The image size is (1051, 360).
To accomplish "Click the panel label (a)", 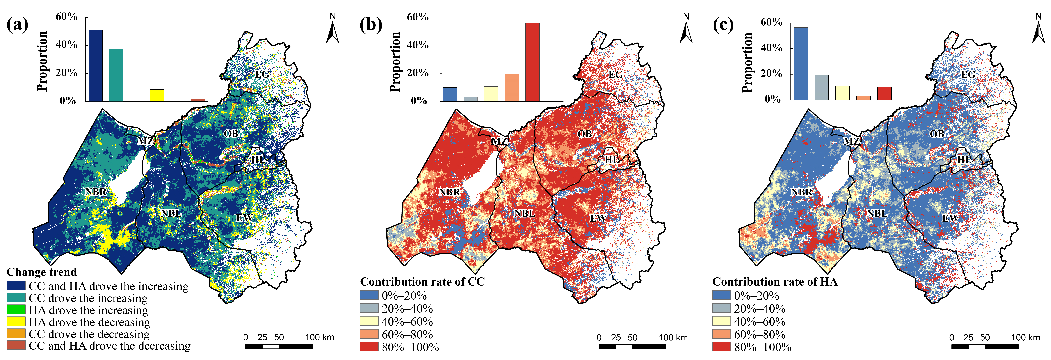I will [x=17, y=25].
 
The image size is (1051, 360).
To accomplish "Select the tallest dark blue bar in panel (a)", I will [x=96, y=65].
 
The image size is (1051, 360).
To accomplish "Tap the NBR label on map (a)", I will [x=96, y=192].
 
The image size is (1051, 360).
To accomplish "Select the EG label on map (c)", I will [x=968, y=74].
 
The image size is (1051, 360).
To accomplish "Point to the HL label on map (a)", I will [x=258, y=159].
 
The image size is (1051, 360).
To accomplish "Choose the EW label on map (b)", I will [x=598, y=218].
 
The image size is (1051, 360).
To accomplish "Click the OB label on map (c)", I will [x=937, y=134].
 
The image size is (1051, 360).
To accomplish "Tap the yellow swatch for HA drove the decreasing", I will [x=16, y=322].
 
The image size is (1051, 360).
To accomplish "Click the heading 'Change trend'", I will [x=42, y=272].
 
